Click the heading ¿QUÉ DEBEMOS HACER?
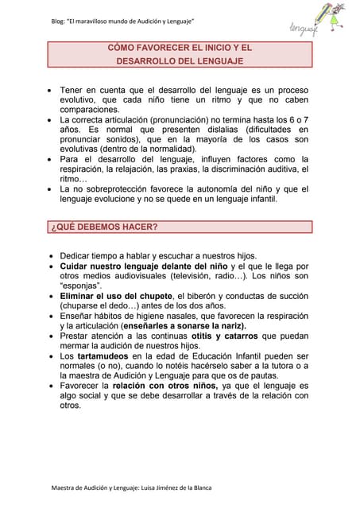click(104, 227)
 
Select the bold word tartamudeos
click(108, 356)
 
